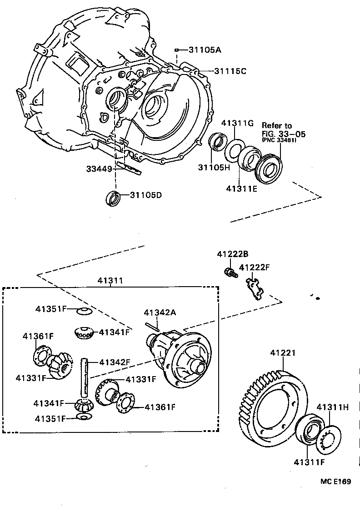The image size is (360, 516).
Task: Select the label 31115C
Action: tap(230, 71)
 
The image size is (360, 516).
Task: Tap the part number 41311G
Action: tap(237, 123)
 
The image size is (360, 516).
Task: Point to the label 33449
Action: tap(99, 169)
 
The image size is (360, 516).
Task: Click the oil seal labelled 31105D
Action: tap(113, 198)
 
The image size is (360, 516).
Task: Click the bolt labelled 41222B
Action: tap(230, 273)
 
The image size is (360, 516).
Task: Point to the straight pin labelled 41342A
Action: tap(152, 325)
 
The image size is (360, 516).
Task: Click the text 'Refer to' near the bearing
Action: tap(276, 125)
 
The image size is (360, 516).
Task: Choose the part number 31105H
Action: tap(214, 167)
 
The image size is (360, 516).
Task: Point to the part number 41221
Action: tap(283, 353)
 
